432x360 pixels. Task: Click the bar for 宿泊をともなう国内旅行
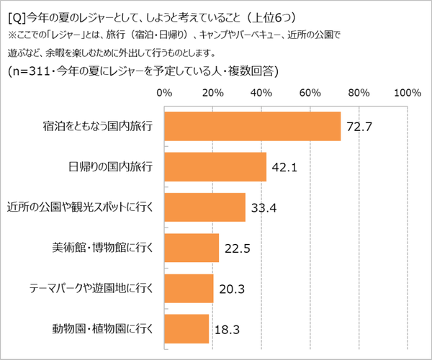(252, 127)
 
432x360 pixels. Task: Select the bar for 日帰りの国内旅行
(215, 167)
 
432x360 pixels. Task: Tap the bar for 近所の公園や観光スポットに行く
(204, 207)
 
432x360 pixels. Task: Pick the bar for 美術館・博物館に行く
(192, 248)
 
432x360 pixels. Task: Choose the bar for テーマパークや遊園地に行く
(189, 288)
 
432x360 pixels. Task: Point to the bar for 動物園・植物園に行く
(186, 328)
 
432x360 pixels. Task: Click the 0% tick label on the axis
(164, 92)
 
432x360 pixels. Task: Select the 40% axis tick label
(261, 92)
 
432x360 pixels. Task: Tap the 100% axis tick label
(408, 92)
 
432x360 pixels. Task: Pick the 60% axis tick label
(310, 92)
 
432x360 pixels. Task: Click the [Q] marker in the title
(15, 16)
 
